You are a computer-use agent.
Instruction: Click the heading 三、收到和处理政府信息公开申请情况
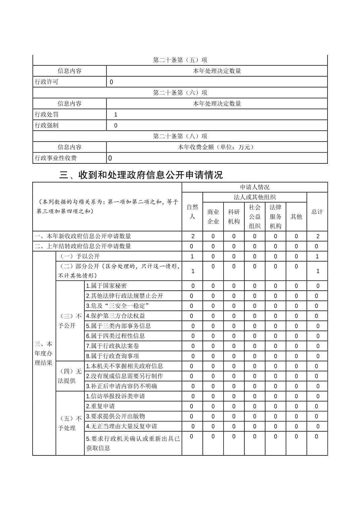[141, 175]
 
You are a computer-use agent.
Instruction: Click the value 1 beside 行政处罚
[116, 115]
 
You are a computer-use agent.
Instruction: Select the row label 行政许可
[47, 82]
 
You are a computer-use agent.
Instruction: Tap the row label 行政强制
[47, 126]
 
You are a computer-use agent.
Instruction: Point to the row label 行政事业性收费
[56, 158]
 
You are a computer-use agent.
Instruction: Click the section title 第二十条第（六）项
[180, 93]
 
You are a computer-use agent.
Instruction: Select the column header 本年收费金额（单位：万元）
[217, 147]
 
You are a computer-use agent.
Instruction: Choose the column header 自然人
[192, 212]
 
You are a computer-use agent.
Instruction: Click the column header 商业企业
[213, 217]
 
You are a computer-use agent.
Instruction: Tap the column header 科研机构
[234, 217]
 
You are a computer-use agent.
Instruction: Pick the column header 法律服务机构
[276, 217]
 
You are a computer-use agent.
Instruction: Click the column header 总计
[317, 212]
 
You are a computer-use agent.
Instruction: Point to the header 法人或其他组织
[255, 197]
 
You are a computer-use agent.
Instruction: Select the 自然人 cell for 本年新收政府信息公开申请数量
[193, 236]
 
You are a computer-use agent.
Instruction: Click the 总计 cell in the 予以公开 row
[317, 256]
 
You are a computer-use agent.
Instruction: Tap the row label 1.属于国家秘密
[107, 286]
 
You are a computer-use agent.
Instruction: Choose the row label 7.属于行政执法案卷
[113, 346]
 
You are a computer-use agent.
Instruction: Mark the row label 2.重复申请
[101, 406]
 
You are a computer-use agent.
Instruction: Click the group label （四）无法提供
[70, 376]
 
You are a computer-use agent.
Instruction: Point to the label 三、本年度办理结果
[44, 353]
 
